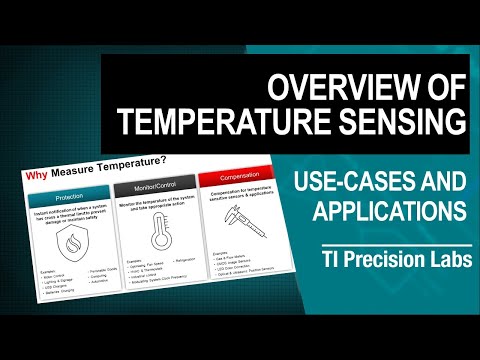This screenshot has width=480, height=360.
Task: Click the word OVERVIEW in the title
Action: coord(337,87)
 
